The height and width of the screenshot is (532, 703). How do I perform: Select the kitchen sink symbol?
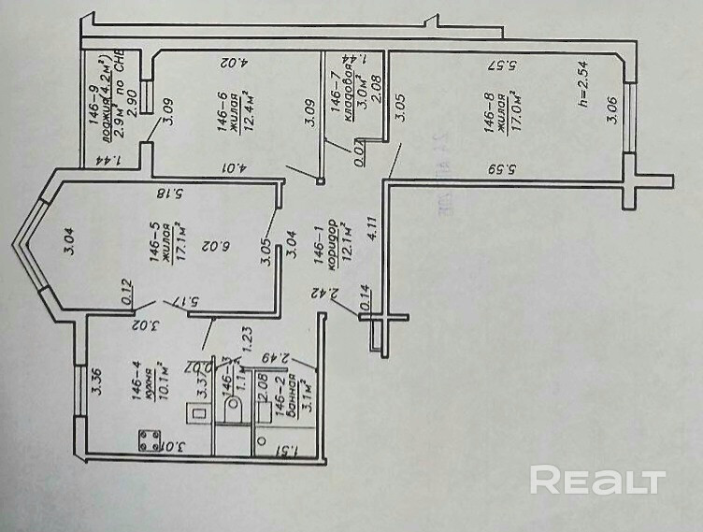click(199, 412)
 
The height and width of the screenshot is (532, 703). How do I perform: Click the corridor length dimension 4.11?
click(372, 228)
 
